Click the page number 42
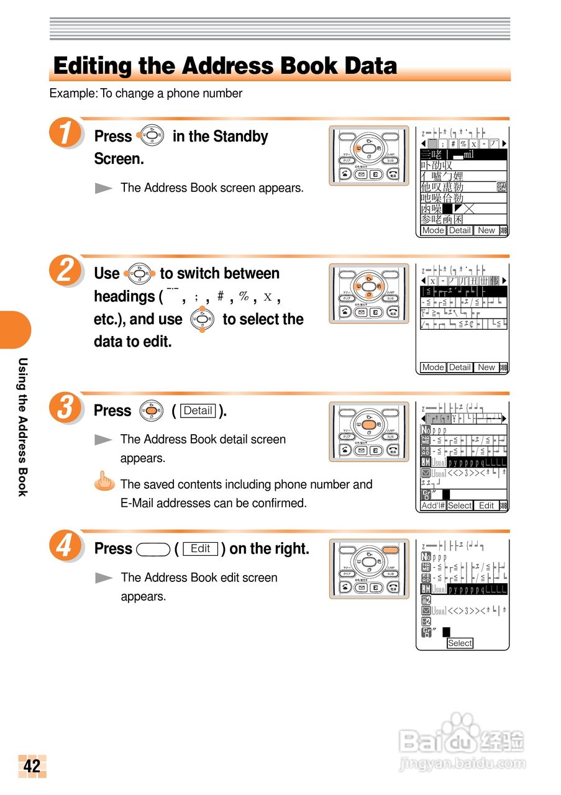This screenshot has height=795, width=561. pyautogui.click(x=32, y=766)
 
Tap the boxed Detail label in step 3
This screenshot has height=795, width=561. pyautogui.click(x=199, y=411)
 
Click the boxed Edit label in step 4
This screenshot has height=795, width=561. pyautogui.click(x=200, y=549)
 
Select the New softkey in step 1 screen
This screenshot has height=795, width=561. pyautogui.click(x=486, y=230)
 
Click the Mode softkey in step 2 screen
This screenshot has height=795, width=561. pyautogui.click(x=433, y=368)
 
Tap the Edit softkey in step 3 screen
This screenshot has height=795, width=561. pyautogui.click(x=486, y=506)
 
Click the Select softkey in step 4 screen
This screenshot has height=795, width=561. pyautogui.click(x=460, y=643)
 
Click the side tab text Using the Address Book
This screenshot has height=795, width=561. pyautogui.click(x=22, y=427)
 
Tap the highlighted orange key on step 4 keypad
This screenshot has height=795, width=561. pyautogui.click(x=390, y=550)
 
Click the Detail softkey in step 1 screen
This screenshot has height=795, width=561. pyautogui.click(x=460, y=230)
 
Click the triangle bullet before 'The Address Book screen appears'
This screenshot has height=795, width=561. pyautogui.click(x=103, y=188)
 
